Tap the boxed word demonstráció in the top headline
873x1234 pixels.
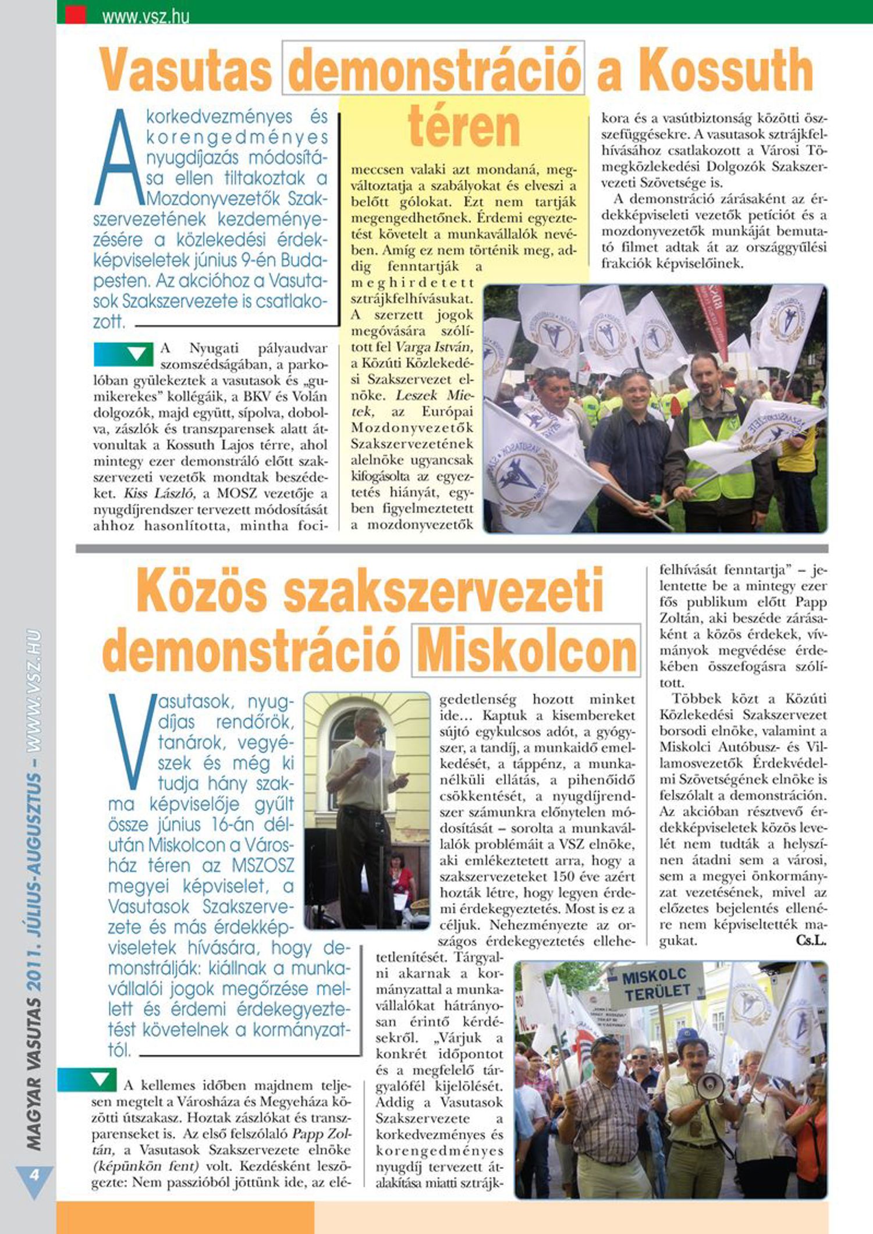click(434, 70)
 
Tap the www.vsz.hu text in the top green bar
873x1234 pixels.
click(145, 17)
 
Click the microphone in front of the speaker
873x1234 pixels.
click(381, 730)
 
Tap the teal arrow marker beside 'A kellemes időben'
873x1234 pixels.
click(87, 1080)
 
